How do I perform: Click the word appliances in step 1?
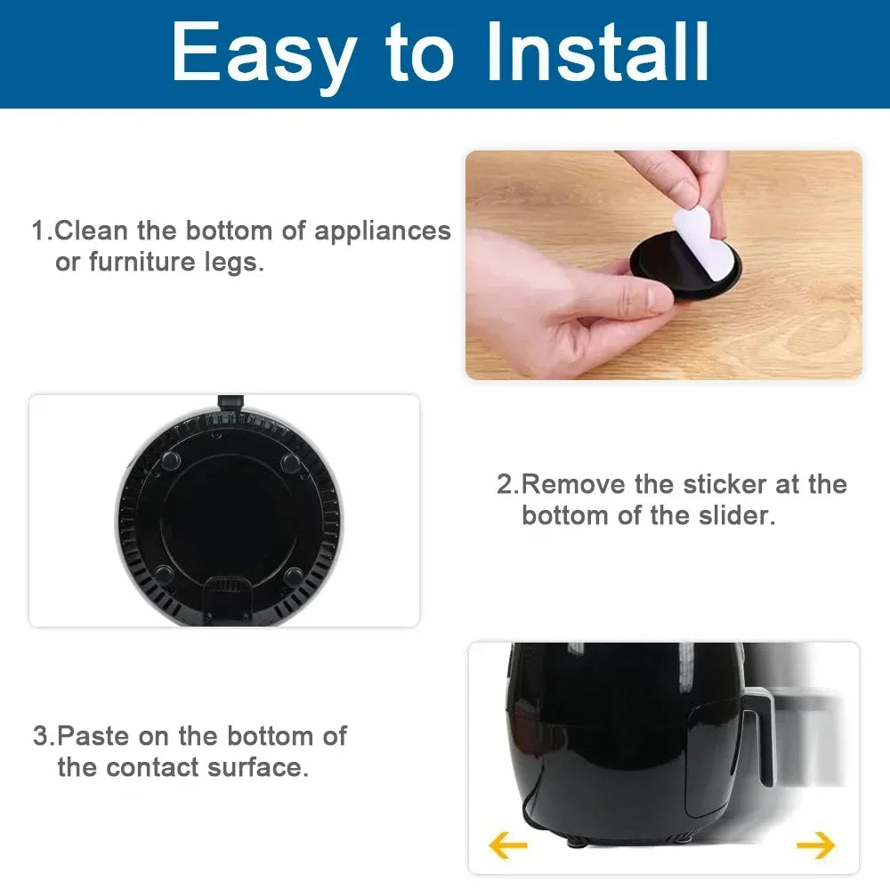pos(383,231)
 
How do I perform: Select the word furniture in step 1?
pos(142,263)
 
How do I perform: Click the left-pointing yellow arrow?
pos(508,845)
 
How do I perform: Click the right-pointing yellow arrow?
pos(815,845)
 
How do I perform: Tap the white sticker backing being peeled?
pos(700,230)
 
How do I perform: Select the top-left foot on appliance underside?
pos(171,460)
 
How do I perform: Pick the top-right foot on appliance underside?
pos(290,462)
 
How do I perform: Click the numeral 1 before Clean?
pos(39,231)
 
